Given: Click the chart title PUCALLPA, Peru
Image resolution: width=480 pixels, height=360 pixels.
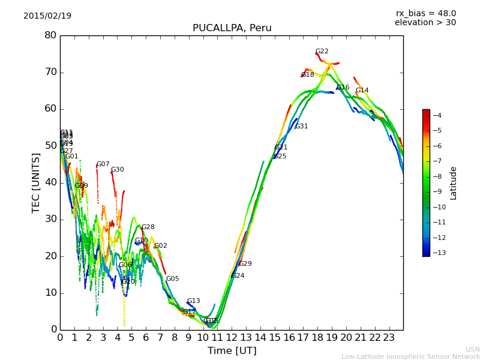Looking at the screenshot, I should click(x=232, y=28).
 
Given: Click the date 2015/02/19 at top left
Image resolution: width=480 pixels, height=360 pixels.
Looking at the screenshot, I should click(x=47, y=16).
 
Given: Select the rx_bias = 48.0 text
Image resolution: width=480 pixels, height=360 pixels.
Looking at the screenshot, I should click(x=425, y=14).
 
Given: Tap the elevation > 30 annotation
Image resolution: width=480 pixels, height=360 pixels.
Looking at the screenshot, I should click(x=425, y=23).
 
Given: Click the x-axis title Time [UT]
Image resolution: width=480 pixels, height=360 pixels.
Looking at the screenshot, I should click(x=232, y=351).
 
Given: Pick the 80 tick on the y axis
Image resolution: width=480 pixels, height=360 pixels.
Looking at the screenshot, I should click(x=50, y=35).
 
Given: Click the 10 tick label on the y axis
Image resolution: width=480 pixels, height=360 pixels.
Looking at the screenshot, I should click(x=50, y=293).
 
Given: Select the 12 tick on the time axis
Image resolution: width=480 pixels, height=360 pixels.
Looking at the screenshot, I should click(x=232, y=338).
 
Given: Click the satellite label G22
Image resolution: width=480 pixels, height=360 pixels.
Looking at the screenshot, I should click(x=322, y=52).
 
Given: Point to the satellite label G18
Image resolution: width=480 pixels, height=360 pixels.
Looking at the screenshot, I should click(x=308, y=75).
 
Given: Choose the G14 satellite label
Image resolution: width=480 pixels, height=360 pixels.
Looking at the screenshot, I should click(x=362, y=91).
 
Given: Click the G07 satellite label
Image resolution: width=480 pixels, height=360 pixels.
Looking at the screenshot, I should click(x=103, y=164).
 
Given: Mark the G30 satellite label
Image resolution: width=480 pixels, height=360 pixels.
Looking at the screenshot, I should click(x=118, y=170).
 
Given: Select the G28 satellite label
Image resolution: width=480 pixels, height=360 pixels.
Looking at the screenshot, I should click(x=148, y=227).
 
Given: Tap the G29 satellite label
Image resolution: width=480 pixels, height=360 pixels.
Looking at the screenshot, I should click(x=245, y=264).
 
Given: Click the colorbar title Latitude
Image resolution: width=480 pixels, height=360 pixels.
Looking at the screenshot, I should click(x=454, y=183).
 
